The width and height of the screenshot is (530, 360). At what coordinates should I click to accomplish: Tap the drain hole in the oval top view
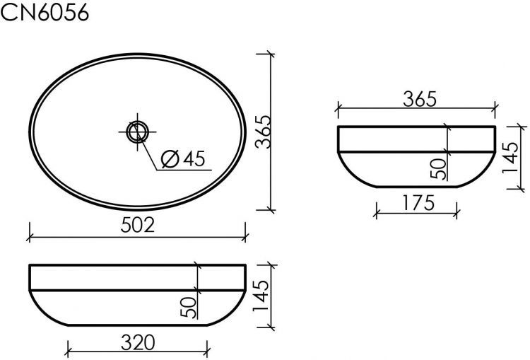tap(137, 131)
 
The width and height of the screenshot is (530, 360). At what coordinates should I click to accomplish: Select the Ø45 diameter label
tap(183, 159)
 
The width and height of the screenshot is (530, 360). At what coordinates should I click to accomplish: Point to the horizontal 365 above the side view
tap(420, 99)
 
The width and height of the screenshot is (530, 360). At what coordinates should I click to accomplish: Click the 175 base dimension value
tap(419, 201)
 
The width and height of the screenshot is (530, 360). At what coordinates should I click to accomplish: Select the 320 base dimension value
tap(138, 342)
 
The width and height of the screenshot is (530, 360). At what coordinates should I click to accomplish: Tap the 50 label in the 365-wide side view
tap(439, 168)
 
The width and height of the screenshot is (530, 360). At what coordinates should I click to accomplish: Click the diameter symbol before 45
tap(170, 159)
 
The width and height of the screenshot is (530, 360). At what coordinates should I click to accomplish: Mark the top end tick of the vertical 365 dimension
tap(270, 53)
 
